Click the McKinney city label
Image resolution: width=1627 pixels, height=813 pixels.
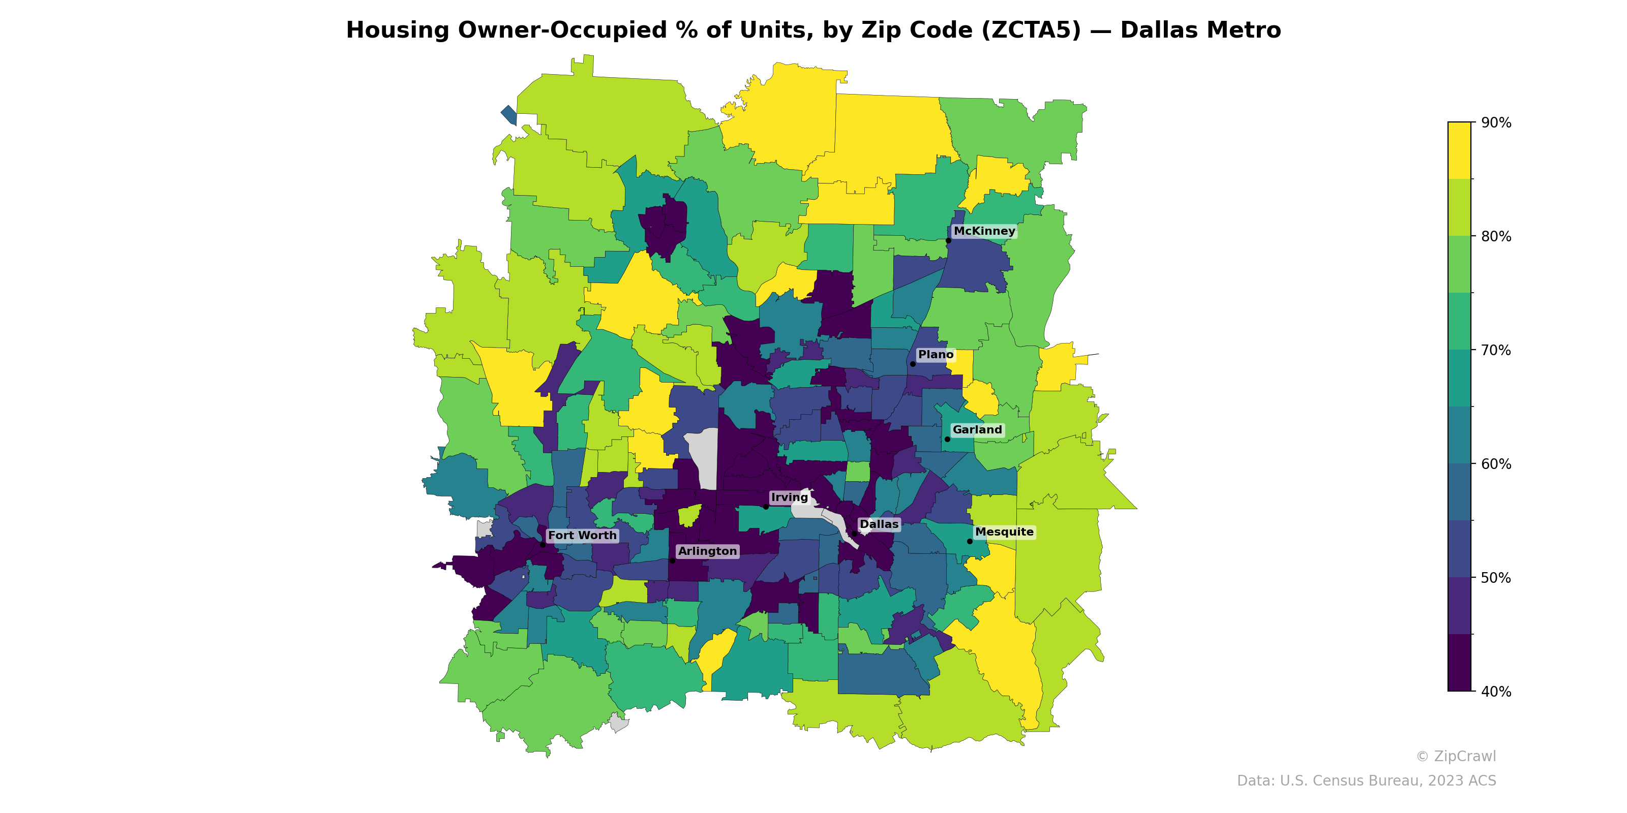[x=984, y=231]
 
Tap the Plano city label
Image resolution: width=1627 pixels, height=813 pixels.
[x=936, y=355]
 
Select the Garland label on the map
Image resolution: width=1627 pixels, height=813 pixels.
[x=977, y=430]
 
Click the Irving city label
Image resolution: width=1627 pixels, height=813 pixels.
[x=790, y=497]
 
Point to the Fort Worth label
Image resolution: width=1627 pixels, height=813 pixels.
[x=582, y=535]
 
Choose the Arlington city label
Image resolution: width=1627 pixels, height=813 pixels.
[x=707, y=551]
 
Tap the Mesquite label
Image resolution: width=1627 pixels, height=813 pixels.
[x=1004, y=532]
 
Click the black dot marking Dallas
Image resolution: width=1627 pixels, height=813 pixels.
[x=855, y=534]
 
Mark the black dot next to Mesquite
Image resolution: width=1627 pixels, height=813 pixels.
[x=970, y=542]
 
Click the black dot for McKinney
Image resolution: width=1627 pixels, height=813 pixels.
[x=948, y=240]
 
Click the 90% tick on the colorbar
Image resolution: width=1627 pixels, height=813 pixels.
[x=1496, y=123]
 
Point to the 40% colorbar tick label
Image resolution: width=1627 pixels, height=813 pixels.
[x=1496, y=692]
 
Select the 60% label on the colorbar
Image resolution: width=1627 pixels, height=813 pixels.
[x=1496, y=464]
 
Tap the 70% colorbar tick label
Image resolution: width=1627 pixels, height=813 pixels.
[x=1496, y=350]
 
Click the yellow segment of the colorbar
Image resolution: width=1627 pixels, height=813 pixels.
[x=1459, y=150]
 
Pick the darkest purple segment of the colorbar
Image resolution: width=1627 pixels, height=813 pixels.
[x=1459, y=663]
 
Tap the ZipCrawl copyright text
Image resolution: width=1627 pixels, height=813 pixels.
[x=1456, y=756]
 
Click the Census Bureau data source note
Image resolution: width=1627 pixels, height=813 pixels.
[x=1366, y=781]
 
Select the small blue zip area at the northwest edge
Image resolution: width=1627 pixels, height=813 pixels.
[x=509, y=115]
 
